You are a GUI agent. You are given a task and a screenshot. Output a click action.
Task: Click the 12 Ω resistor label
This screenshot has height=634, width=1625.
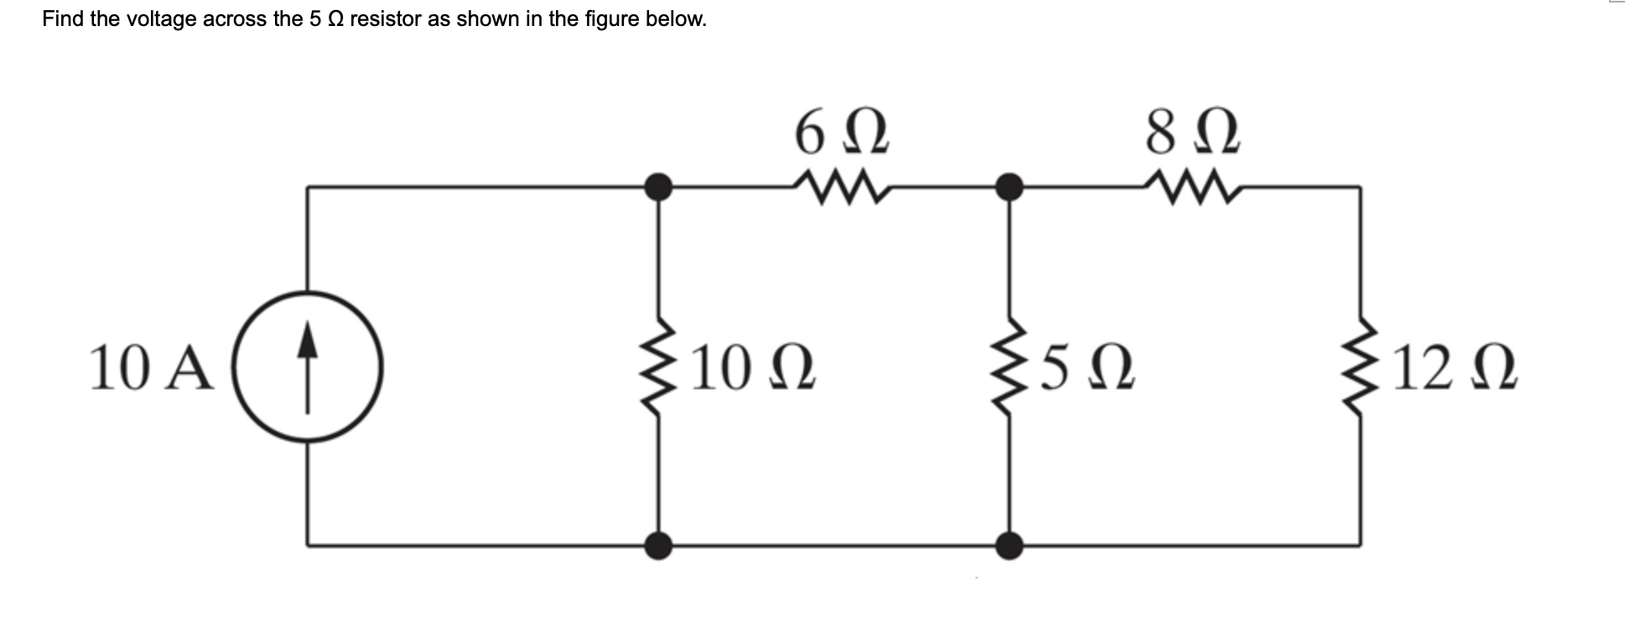point(1455,370)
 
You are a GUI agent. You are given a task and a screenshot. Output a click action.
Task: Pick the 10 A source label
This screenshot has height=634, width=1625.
point(152,370)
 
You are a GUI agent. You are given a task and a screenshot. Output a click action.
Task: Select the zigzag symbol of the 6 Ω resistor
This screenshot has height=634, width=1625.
point(838,188)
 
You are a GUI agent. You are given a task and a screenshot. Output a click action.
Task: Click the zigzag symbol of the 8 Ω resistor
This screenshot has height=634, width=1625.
point(1190,188)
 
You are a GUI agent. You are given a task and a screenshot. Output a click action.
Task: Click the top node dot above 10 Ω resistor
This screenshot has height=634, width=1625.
point(659,187)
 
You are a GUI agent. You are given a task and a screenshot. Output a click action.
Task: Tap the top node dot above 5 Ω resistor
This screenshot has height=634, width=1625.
point(1010,187)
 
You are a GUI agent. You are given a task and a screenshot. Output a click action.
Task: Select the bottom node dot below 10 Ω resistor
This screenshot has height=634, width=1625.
point(659,546)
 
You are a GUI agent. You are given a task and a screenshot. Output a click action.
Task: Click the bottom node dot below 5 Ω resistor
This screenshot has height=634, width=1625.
point(1010,546)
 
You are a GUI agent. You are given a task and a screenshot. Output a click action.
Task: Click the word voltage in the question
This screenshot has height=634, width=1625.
point(164,19)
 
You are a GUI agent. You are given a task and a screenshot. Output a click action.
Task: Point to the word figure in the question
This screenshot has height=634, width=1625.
point(608,19)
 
